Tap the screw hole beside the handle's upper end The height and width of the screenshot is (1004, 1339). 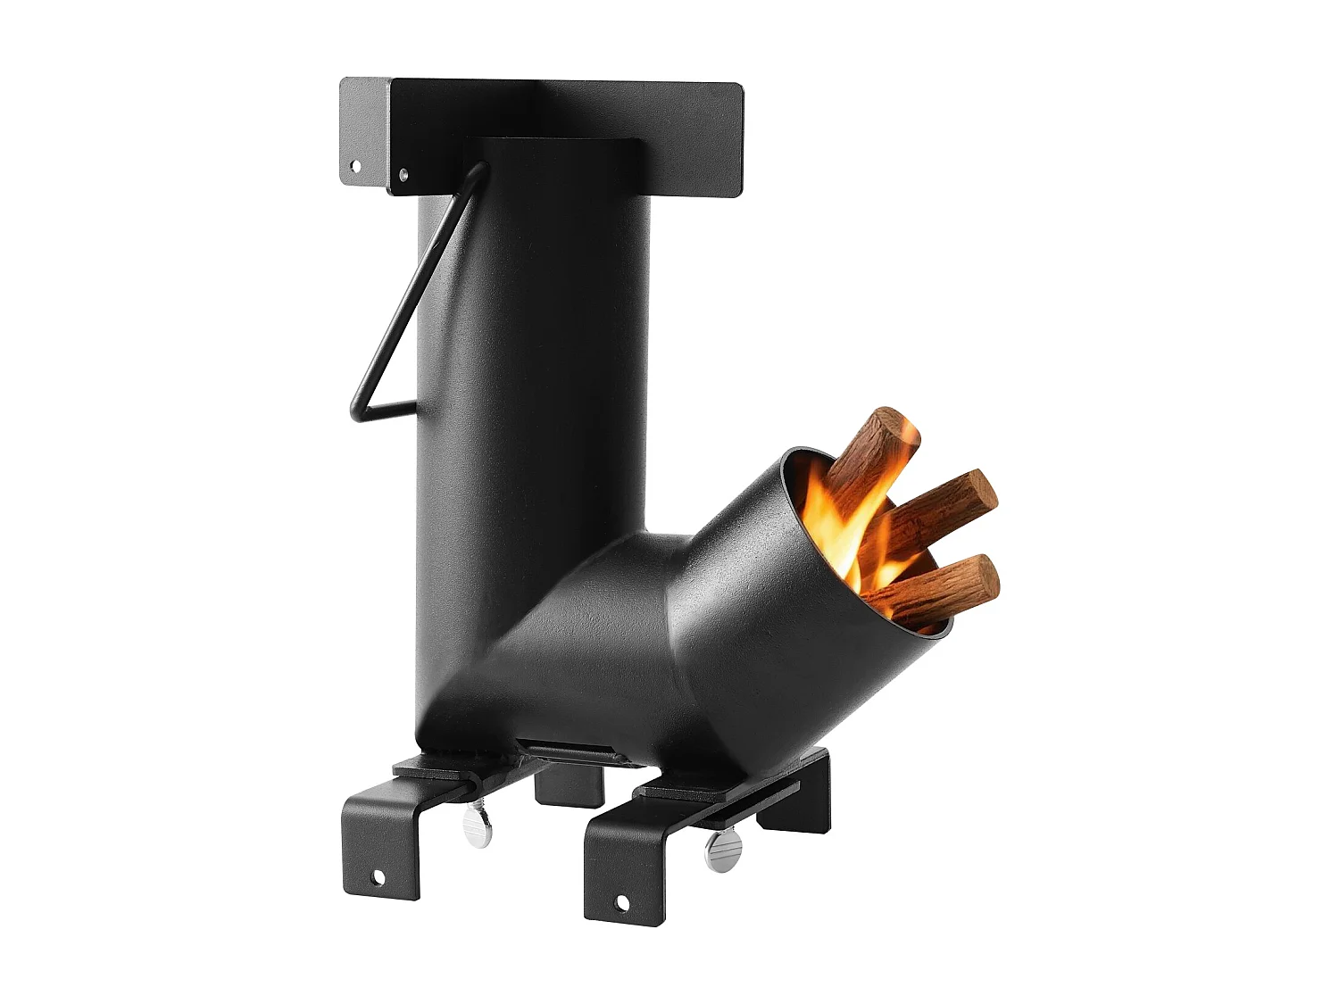[403, 175]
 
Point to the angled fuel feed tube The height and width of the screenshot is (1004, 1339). [714, 625]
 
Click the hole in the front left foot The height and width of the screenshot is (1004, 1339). [378, 878]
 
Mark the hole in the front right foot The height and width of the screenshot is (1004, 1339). [622, 904]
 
